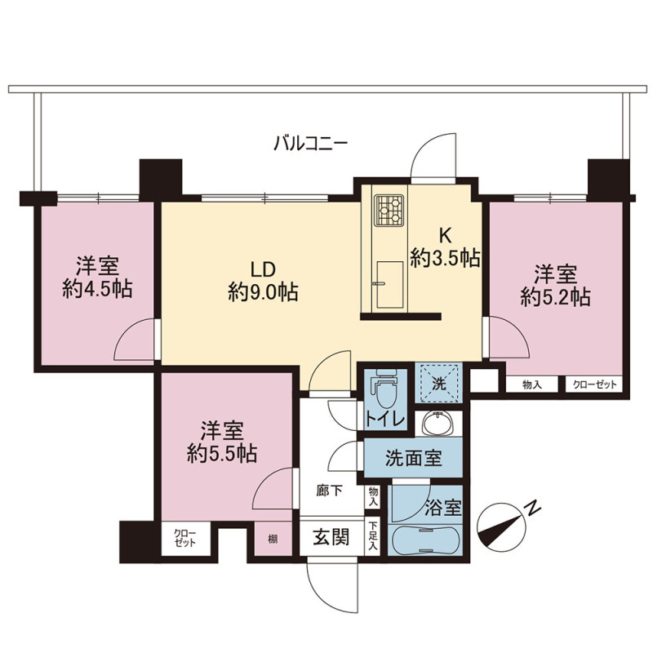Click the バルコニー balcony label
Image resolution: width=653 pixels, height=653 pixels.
(310, 144)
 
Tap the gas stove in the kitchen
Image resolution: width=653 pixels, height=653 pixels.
(389, 211)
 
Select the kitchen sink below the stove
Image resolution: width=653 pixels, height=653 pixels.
(390, 285)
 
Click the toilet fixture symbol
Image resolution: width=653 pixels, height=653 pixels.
(384, 389)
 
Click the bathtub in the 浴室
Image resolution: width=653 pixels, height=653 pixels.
(424, 540)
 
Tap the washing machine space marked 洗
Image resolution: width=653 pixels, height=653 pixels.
(439, 384)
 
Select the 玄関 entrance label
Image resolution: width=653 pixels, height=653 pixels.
(331, 536)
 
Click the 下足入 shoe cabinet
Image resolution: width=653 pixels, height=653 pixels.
(373, 536)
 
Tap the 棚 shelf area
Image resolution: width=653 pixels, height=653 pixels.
(273, 539)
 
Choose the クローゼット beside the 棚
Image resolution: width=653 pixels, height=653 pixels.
(185, 538)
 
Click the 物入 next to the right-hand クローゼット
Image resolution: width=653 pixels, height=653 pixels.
(532, 384)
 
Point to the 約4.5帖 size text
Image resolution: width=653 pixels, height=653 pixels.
(98, 289)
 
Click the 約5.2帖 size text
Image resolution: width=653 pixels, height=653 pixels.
(556, 297)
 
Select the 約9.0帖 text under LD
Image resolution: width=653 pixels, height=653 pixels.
(263, 291)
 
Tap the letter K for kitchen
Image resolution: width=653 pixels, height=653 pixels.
(445, 236)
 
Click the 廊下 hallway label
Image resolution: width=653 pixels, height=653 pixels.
(329, 491)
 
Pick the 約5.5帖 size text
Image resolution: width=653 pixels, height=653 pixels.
(222, 454)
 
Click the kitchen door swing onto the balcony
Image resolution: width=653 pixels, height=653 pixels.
(433, 155)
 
